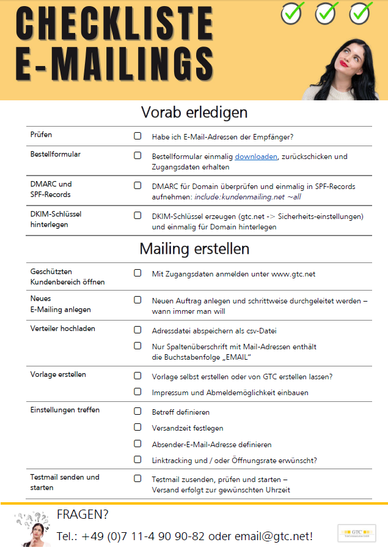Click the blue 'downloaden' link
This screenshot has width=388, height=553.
tap(257, 157)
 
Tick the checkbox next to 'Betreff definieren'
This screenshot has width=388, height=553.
tap(137, 411)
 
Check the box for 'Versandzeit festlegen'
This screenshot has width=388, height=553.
tap(137, 427)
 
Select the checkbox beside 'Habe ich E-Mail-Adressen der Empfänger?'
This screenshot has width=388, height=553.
tap(137, 136)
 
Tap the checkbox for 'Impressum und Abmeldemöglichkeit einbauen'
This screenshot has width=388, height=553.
tap(137, 392)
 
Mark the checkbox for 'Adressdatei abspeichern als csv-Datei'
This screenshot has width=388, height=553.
tap(137, 330)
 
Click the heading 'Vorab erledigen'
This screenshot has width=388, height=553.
tap(194, 113)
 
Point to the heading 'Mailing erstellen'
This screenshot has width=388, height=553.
tap(194, 249)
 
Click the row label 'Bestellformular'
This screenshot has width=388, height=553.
tap(56, 154)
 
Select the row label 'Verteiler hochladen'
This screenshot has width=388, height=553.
tap(63, 328)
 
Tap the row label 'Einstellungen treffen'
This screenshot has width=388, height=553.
tap(65, 410)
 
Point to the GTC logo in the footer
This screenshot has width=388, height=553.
tap(357, 533)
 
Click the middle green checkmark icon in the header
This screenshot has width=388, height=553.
tap(327, 12)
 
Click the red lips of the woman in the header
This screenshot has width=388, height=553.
tap(345, 62)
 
